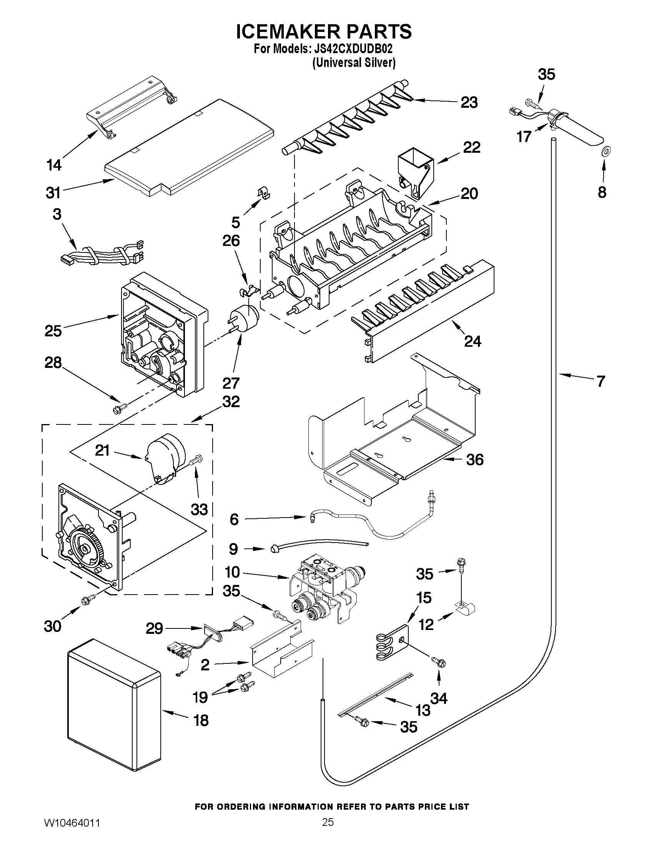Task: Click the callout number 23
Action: pos(469,103)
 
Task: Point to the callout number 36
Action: pos(474,460)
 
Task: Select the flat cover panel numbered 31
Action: pos(190,148)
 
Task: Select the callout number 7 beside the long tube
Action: pos(601,382)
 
